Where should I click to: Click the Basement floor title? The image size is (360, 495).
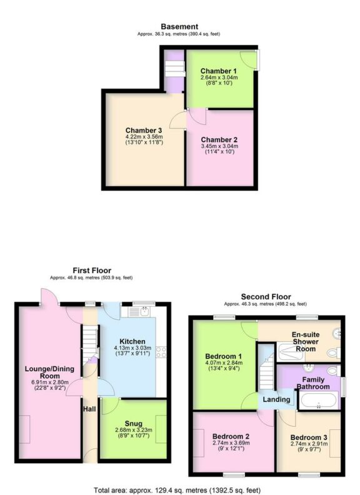[x=179, y=26]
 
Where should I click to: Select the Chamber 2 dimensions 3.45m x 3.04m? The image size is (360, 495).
[x=219, y=146]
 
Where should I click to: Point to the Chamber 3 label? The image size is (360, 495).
[x=144, y=130]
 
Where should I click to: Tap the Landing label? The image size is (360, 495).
[x=276, y=399]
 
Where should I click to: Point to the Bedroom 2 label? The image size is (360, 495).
[x=231, y=436]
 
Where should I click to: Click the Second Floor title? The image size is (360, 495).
[x=265, y=296]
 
